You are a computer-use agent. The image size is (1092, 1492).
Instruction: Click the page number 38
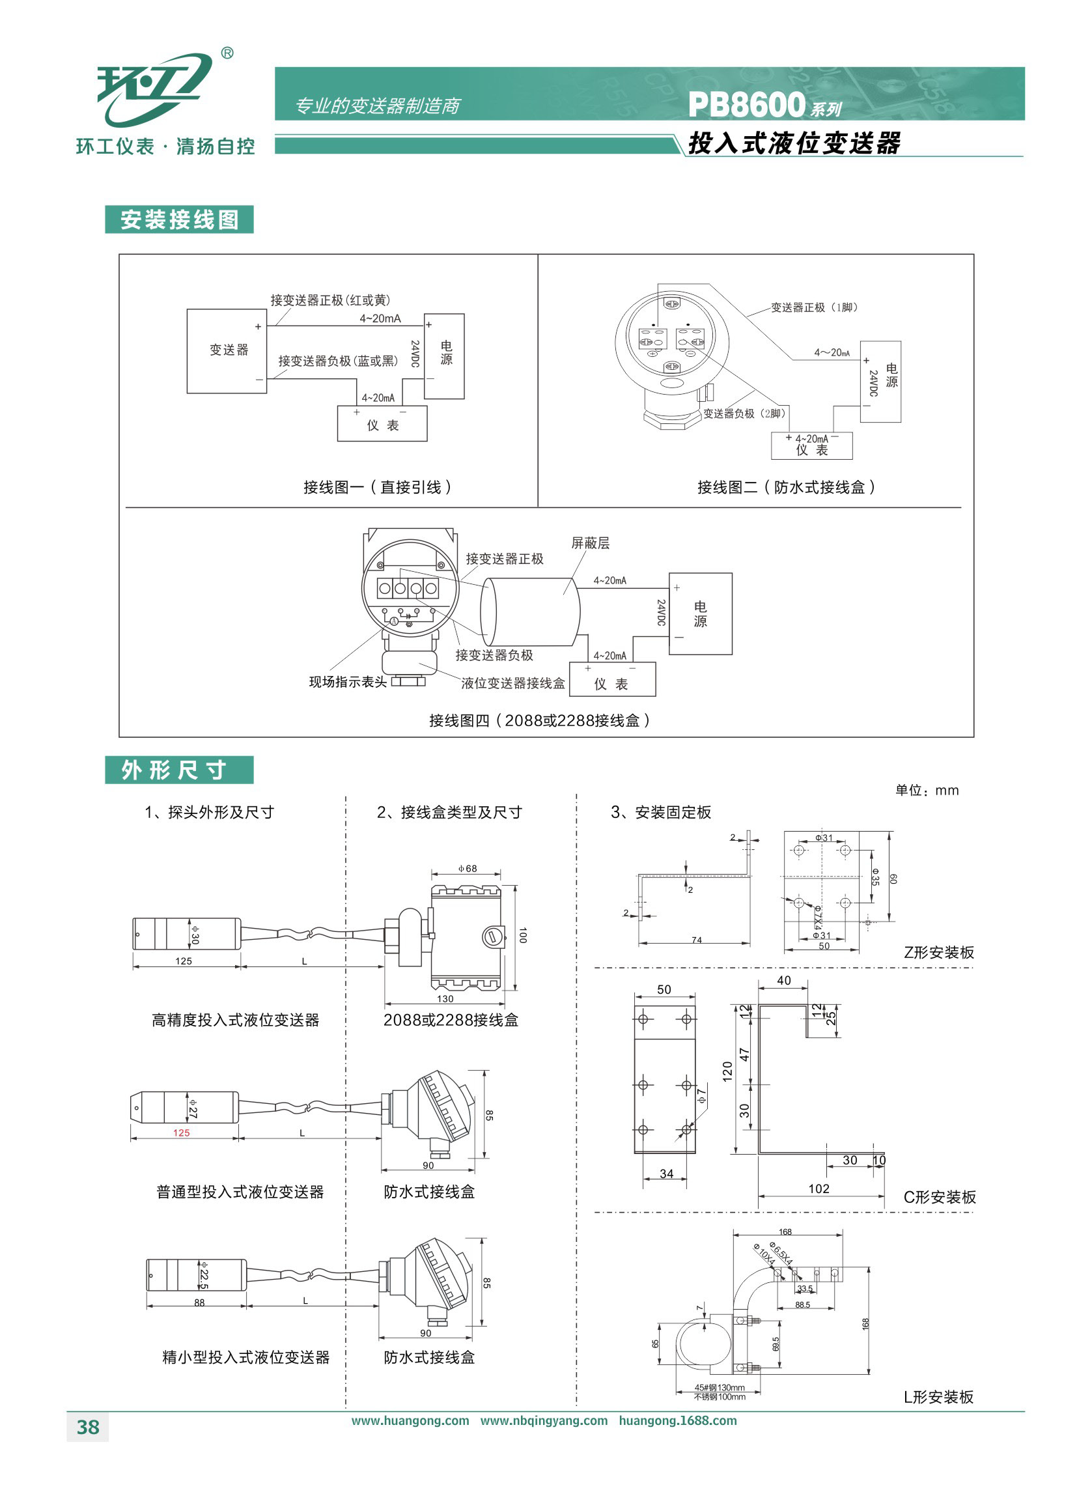(x=88, y=1427)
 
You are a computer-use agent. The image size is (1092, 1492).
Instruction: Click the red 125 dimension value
(x=181, y=1133)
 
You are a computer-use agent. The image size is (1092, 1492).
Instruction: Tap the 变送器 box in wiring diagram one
(x=227, y=350)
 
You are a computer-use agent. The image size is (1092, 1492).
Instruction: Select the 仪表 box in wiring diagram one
(x=382, y=424)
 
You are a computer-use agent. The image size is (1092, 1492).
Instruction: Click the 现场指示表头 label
(x=348, y=682)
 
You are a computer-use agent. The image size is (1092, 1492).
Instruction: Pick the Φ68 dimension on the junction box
(x=468, y=869)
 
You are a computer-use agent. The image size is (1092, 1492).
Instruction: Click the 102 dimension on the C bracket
(x=819, y=1189)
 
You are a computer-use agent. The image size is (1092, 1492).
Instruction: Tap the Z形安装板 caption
(x=938, y=953)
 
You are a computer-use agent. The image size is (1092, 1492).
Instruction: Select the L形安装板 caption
(x=938, y=1397)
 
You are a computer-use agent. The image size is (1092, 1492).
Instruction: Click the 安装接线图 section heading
(x=179, y=220)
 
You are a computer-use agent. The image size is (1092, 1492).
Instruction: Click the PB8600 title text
(x=747, y=104)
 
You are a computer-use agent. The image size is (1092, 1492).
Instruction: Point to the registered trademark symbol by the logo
(x=227, y=53)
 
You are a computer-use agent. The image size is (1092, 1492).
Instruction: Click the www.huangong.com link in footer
(x=410, y=1420)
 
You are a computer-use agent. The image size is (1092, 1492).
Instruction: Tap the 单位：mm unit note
(x=927, y=791)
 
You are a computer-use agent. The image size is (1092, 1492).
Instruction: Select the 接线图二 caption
(x=786, y=487)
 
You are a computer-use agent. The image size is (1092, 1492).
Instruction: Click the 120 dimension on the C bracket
(x=728, y=1071)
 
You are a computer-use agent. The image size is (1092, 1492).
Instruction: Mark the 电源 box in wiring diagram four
(x=700, y=613)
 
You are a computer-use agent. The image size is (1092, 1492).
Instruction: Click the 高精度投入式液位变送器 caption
(x=235, y=1020)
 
